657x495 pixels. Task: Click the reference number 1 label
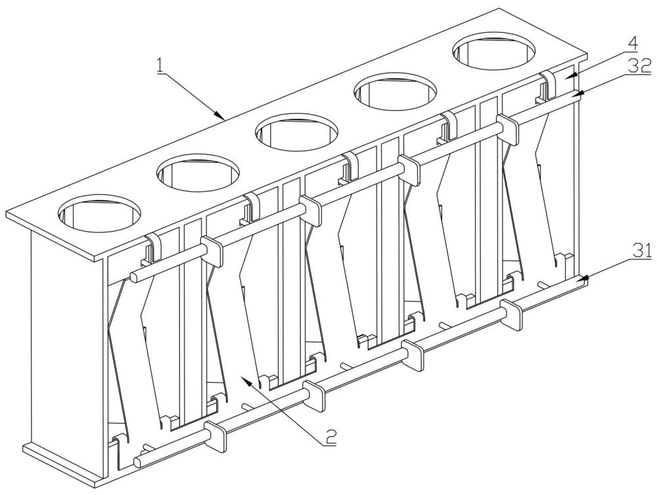pyautogui.click(x=160, y=66)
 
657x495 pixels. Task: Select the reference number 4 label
pyautogui.click(x=633, y=43)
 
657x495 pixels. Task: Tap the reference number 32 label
pyautogui.click(x=640, y=66)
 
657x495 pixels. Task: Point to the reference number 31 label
pyautogui.click(x=643, y=251)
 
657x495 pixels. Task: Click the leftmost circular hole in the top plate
pyautogui.click(x=100, y=213)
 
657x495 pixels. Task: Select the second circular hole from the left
pyautogui.click(x=198, y=173)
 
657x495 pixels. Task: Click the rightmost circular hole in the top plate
pyautogui.click(x=493, y=51)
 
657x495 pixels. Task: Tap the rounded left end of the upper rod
pyautogui.click(x=134, y=277)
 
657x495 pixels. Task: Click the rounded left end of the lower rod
pyautogui.click(x=138, y=462)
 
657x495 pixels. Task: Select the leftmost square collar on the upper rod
pyautogui.click(x=212, y=250)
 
